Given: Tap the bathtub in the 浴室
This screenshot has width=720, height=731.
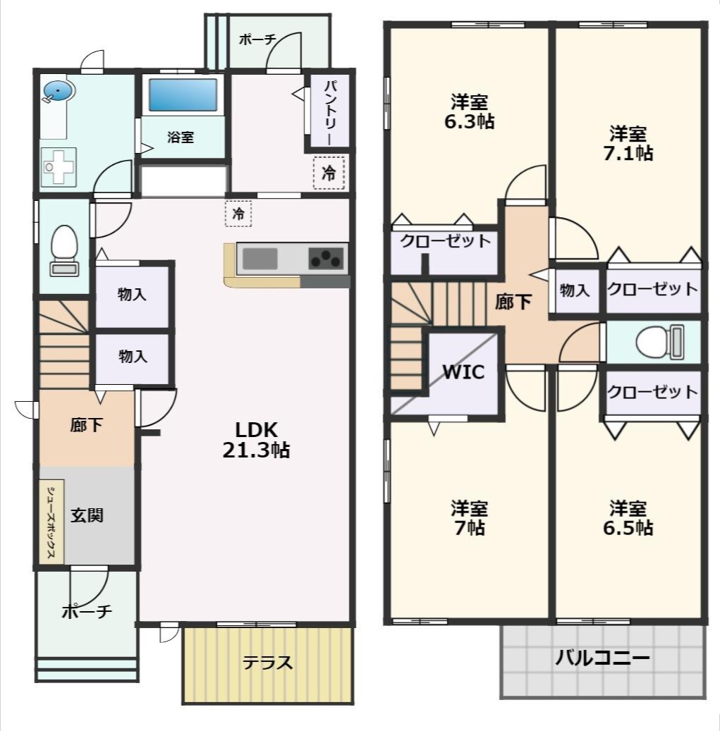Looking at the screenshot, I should click(x=183, y=95).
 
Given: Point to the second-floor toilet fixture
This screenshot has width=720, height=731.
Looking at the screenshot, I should click(x=659, y=343).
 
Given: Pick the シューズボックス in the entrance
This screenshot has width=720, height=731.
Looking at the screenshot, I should click(x=51, y=522).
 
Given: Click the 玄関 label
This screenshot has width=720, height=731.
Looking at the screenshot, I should click(x=87, y=515).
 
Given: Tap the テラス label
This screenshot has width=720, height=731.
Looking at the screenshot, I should click(x=267, y=663).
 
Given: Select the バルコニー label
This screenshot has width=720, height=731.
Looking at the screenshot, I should click(x=602, y=659).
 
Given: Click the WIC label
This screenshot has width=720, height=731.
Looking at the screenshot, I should click(x=463, y=372).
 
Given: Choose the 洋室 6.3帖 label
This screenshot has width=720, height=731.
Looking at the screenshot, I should click(x=469, y=111).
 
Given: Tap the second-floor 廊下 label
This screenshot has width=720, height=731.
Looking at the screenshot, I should click(x=513, y=302).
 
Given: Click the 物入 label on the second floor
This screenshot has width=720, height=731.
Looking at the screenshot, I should click(x=575, y=289).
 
